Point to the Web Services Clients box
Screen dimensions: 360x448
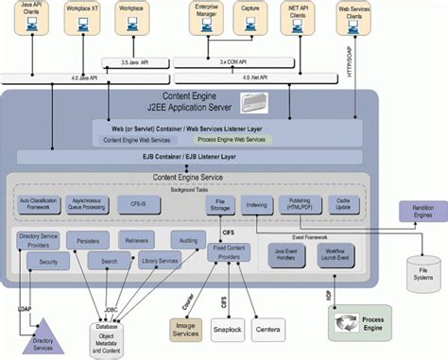354,21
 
